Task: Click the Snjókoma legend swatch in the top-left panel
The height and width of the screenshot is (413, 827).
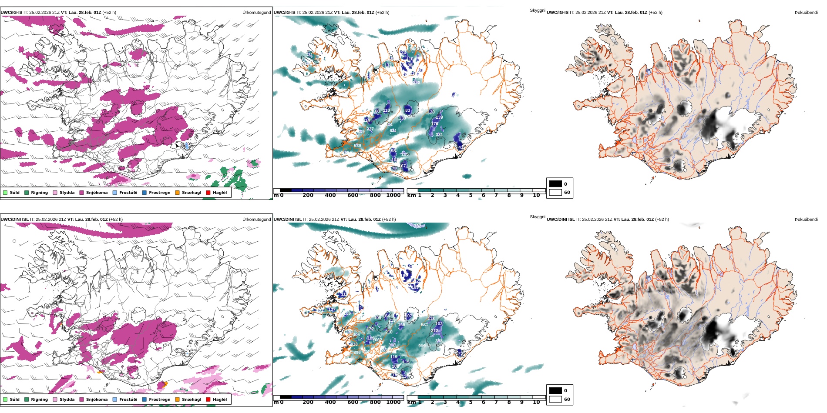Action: (x=81, y=193)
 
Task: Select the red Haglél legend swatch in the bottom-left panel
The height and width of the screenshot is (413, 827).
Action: (x=208, y=400)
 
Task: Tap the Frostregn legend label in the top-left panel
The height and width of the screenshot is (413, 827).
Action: (x=159, y=193)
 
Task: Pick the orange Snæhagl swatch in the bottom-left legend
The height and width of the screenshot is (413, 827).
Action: (x=177, y=400)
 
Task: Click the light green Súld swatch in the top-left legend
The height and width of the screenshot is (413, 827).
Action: (x=5, y=193)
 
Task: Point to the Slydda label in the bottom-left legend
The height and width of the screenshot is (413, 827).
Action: (x=67, y=400)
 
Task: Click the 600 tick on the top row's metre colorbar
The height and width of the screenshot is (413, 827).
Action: (x=353, y=195)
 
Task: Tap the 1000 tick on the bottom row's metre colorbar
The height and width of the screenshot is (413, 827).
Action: (x=393, y=402)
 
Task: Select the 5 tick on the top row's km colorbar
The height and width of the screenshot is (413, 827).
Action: (x=471, y=195)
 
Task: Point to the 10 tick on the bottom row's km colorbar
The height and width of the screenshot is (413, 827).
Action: (x=536, y=402)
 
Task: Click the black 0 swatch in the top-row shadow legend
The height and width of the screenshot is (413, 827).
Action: (x=555, y=184)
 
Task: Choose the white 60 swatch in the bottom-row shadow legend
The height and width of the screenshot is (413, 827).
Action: (x=555, y=399)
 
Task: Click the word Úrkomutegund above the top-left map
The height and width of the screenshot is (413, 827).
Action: (x=256, y=13)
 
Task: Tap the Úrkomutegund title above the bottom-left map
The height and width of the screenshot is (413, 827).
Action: (x=256, y=220)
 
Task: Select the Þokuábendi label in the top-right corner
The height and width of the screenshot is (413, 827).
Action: (x=806, y=13)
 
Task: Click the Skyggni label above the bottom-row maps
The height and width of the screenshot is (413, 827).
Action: (x=537, y=216)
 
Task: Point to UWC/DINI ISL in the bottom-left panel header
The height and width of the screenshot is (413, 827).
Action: (x=14, y=220)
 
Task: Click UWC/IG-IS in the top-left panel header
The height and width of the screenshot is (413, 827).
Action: (x=11, y=13)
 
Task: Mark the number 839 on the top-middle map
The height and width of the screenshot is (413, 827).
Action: (x=357, y=146)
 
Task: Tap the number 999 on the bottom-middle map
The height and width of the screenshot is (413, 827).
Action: (x=422, y=346)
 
